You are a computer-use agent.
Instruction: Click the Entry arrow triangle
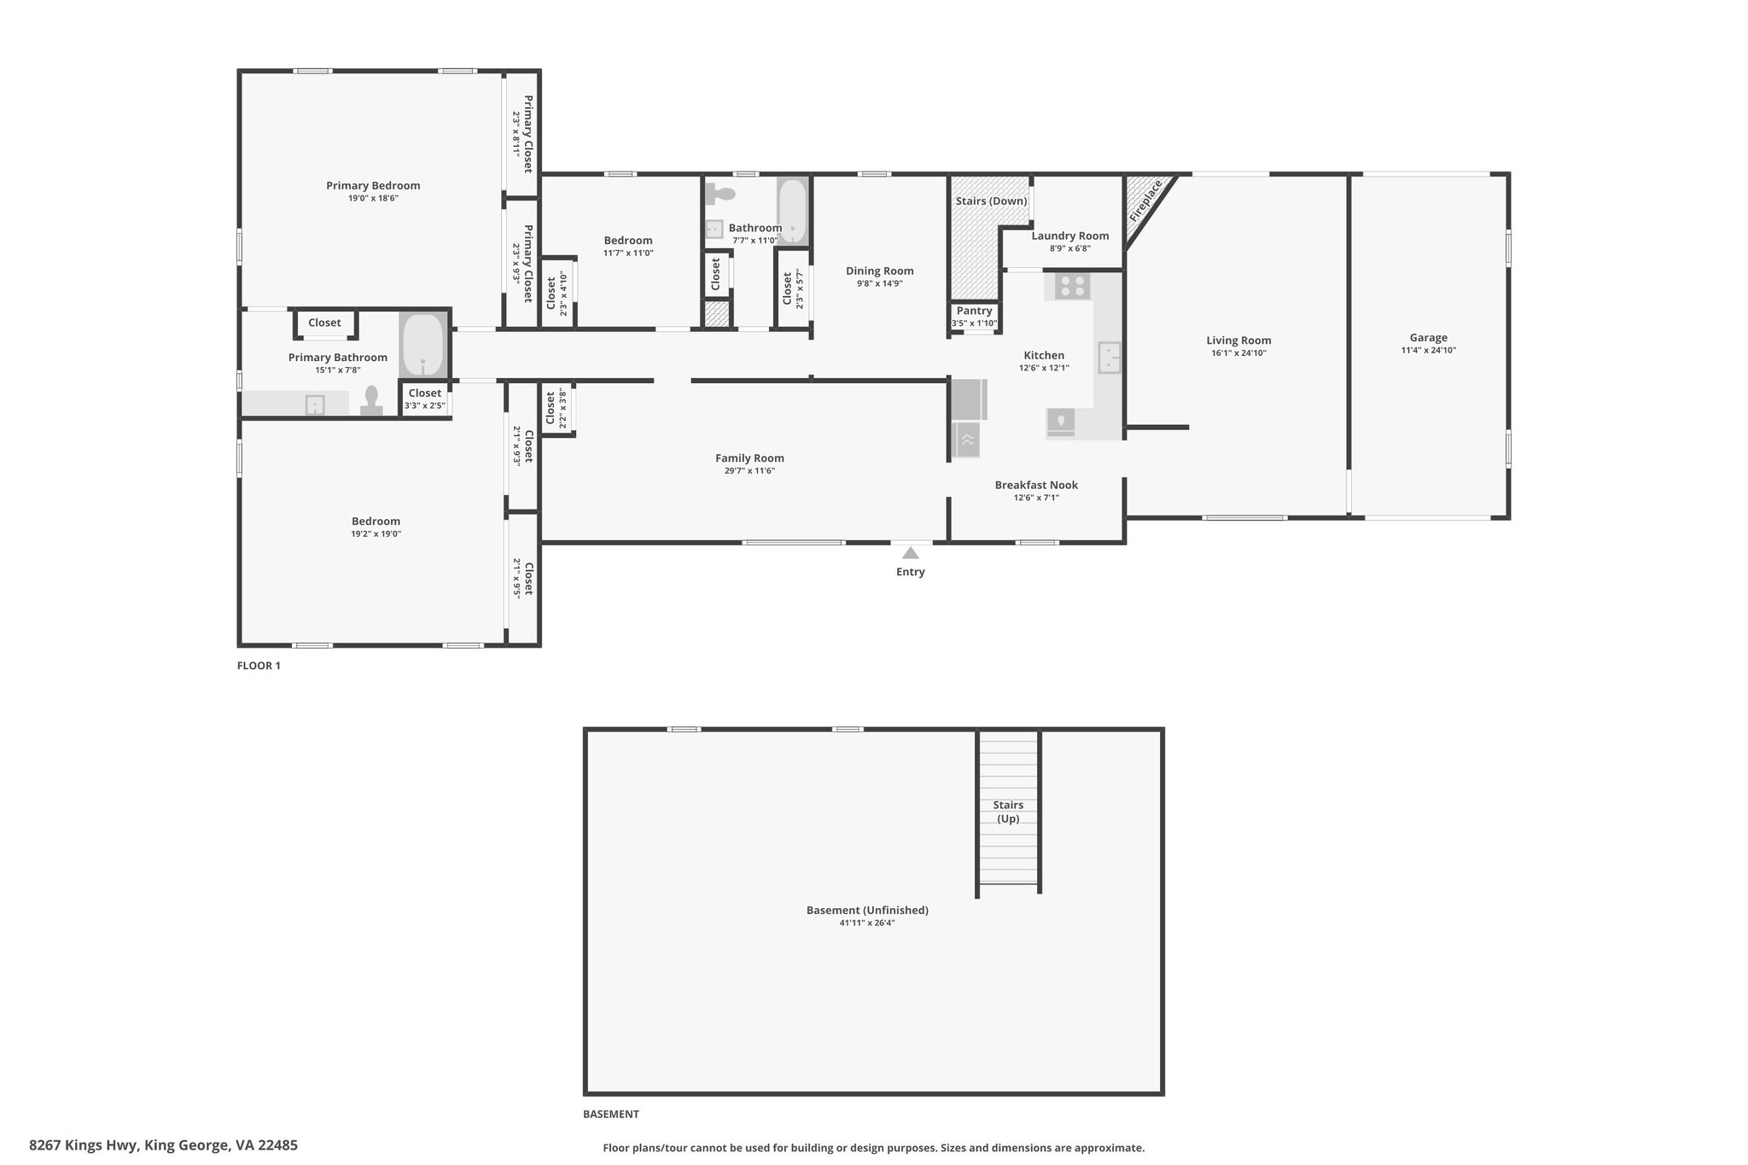[911, 552]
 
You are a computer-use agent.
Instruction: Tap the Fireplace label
[1145, 201]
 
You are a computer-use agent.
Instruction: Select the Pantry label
[974, 311]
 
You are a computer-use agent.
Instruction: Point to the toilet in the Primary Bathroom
[371, 400]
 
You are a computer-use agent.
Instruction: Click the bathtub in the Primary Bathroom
[422, 345]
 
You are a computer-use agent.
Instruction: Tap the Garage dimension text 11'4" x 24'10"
[1428, 350]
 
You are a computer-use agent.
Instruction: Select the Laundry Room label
[1070, 236]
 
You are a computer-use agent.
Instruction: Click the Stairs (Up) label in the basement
[1008, 812]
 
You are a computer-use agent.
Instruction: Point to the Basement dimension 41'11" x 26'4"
[867, 923]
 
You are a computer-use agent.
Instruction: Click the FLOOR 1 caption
[259, 666]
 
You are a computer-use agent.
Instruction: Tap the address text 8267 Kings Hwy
[84, 1145]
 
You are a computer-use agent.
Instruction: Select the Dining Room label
[880, 271]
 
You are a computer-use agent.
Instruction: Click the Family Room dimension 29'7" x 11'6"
[749, 470]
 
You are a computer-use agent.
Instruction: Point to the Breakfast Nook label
[1036, 485]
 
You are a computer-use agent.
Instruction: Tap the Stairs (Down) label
[991, 201]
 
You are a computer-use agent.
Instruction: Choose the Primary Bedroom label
[373, 185]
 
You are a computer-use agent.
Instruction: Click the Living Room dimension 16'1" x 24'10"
[1238, 352]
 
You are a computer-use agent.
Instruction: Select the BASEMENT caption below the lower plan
[611, 1114]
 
